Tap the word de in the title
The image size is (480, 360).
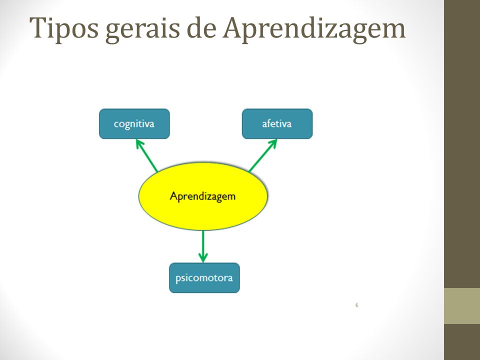pos(201,28)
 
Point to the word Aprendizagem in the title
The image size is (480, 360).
pos(314,29)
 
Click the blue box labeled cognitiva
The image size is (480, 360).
pos(134,123)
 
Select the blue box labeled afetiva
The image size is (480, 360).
pos(277,123)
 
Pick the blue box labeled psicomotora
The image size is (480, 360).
pos(204,277)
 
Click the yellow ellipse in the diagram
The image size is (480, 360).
pos(203,196)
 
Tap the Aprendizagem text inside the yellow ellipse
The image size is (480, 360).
pos(202,196)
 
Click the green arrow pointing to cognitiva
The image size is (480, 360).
pos(146,155)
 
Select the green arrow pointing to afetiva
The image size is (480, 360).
pos(263,155)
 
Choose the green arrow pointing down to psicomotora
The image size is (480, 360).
pos(203,246)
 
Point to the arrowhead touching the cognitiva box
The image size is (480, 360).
pos(139,144)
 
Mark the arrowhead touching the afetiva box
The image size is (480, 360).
pos(273,143)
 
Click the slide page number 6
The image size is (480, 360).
pos(356,305)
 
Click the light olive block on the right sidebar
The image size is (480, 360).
pos(462,306)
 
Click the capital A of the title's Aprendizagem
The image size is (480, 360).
pos(234,27)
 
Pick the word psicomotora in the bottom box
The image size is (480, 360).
pos(204,278)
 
